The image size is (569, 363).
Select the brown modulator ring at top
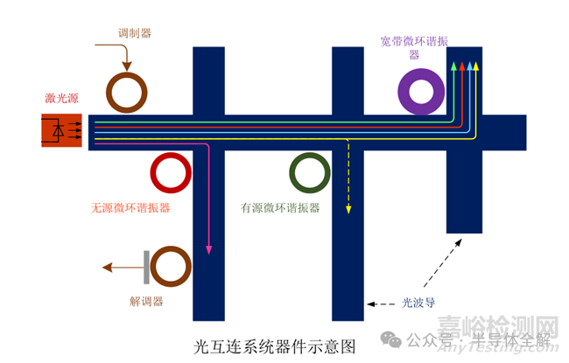tap(129, 91)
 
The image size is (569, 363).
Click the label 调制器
tap(135, 34)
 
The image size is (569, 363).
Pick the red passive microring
tap(172, 173)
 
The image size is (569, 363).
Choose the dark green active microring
tap(311, 173)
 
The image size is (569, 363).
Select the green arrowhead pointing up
tap(453, 66)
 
